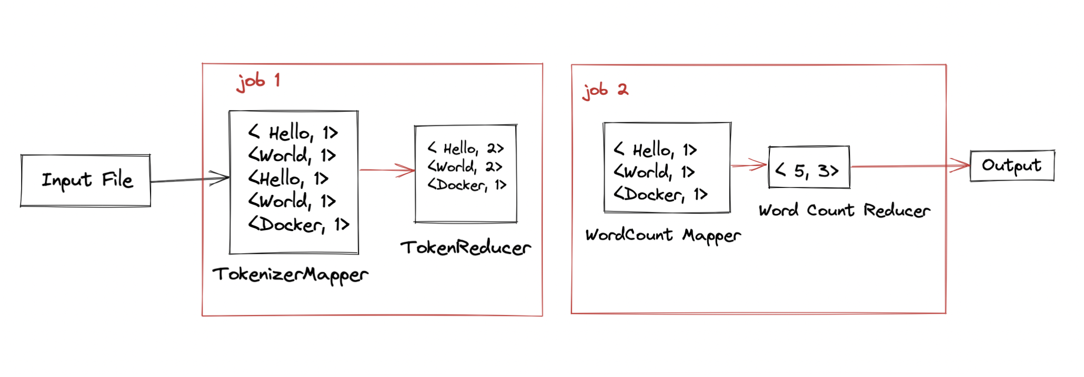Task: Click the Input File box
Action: coord(86,181)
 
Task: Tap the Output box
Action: coord(1011,166)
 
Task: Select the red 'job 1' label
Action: coord(258,82)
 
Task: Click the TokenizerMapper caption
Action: coord(290,274)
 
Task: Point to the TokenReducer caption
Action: coord(465,247)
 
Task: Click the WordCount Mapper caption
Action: coord(663,235)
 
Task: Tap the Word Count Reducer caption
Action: coord(844,211)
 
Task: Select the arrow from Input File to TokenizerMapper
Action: coord(189,180)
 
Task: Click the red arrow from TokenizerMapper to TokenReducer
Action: coord(387,170)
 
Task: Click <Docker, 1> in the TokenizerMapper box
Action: coord(298,225)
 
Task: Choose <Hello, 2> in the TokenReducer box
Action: coord(466,148)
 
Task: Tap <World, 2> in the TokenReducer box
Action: coord(465,167)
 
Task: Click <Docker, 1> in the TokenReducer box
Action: coord(466,185)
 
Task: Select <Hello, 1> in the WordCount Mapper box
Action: coord(655,151)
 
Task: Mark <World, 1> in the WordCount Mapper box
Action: coord(654,172)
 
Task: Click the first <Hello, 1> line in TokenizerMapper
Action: coord(293,133)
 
